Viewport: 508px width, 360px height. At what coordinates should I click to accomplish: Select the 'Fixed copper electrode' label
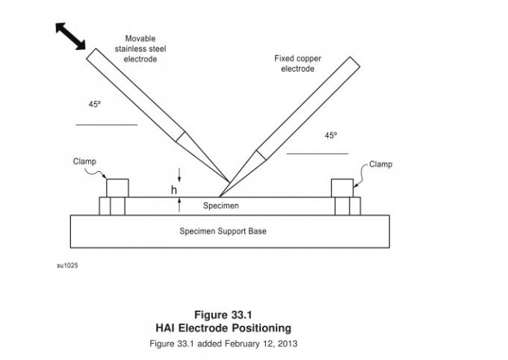tap(297, 64)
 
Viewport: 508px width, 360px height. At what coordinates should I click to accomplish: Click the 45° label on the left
tap(94, 105)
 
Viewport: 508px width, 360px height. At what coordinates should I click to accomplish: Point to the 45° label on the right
tap(331, 135)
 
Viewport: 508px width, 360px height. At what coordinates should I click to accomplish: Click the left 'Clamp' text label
tap(84, 161)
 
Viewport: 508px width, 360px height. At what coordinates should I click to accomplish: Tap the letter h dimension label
tap(174, 190)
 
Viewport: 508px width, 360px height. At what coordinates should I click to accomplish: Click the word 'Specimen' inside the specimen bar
tap(221, 205)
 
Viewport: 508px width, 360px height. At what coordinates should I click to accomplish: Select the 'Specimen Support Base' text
tap(223, 232)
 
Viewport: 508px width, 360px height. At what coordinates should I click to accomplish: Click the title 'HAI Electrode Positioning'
tap(223, 327)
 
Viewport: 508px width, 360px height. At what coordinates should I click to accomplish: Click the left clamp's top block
tap(117, 187)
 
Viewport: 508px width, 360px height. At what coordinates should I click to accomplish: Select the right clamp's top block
tap(342, 187)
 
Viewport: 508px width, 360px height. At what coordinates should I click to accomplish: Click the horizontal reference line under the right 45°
tap(317, 154)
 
